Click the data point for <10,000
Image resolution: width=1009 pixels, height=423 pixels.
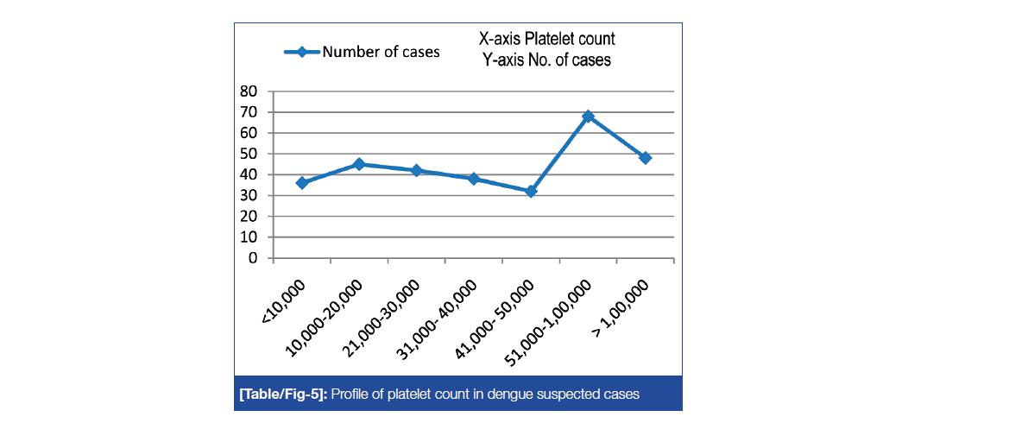click(x=301, y=183)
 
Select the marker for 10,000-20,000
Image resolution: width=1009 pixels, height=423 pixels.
click(x=359, y=164)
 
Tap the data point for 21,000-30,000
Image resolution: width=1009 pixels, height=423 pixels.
click(x=416, y=170)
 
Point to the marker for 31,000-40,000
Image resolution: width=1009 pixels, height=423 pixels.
click(x=473, y=179)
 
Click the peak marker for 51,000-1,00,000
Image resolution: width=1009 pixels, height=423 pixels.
click(x=588, y=116)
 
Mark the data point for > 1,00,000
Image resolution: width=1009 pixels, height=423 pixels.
click(x=645, y=158)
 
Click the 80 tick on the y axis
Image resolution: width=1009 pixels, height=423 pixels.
click(x=250, y=92)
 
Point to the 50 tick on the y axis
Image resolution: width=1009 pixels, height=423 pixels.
click(x=250, y=154)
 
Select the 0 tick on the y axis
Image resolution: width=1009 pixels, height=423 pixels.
click(x=254, y=258)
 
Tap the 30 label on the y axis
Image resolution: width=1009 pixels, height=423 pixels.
click(x=250, y=196)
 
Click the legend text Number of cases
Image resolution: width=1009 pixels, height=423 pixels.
click(x=381, y=52)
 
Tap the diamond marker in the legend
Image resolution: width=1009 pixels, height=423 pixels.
click(x=302, y=52)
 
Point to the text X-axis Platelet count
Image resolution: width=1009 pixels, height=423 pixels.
click(x=547, y=39)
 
